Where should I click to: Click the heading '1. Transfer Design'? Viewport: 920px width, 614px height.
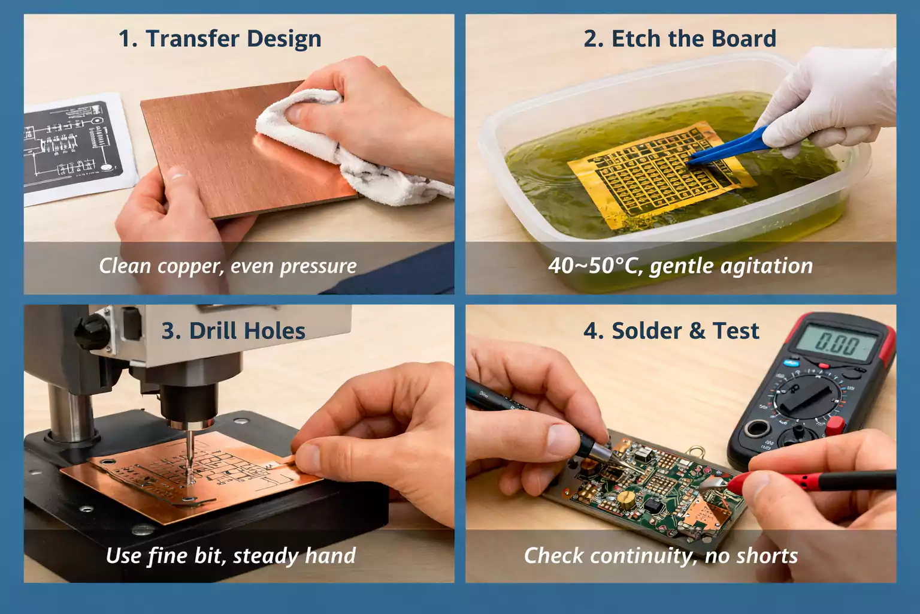220,39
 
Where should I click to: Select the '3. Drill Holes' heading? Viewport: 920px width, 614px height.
234,331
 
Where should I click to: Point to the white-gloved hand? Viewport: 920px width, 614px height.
839,96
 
